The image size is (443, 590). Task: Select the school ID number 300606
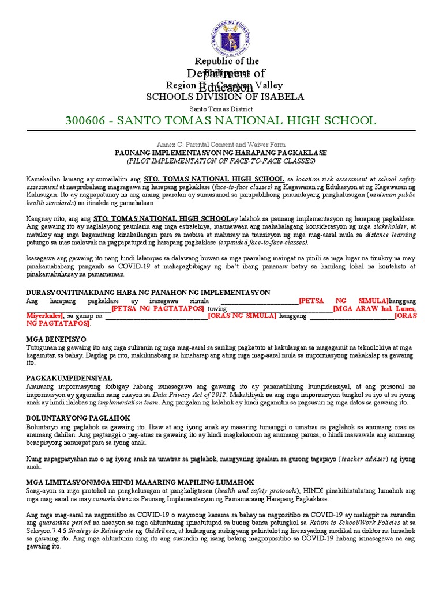(87, 120)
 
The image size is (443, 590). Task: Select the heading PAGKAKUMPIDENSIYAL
(69, 378)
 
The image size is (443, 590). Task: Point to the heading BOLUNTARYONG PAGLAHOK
(78, 418)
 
